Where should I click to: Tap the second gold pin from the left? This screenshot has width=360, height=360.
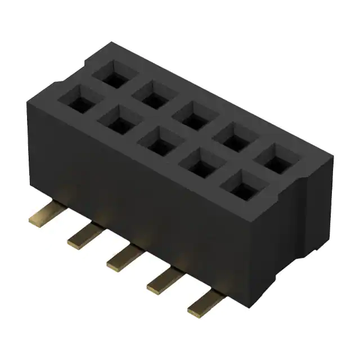(83, 236)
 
